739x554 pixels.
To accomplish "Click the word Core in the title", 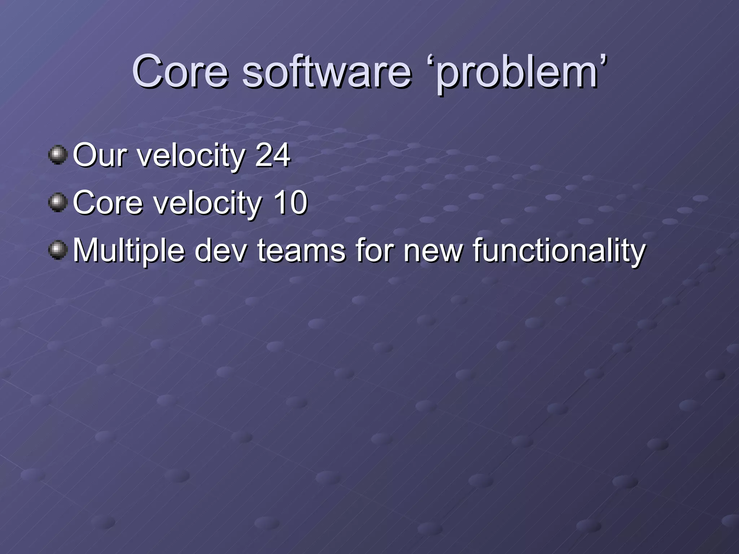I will pos(180,71).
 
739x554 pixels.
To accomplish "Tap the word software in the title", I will pos(326,71).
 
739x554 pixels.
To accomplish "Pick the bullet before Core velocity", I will pos(58,203).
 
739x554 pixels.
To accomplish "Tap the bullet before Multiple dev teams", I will pos(58,250).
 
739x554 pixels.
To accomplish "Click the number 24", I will pos(272,155).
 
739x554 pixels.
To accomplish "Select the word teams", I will pos(301,250).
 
